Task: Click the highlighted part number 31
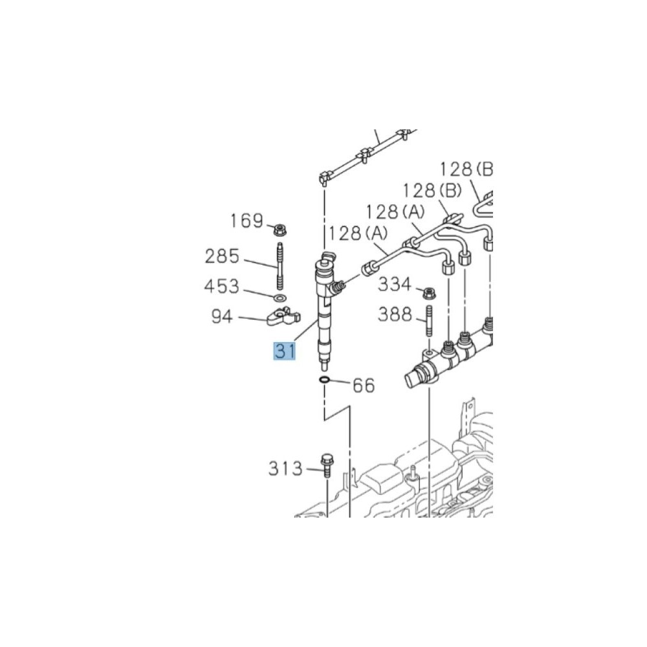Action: coord(285,351)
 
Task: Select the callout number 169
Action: coord(247,221)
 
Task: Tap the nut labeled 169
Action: coord(281,230)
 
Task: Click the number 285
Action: coord(222,256)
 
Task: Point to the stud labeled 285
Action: coord(280,267)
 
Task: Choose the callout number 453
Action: coord(221,286)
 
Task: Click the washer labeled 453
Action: coord(280,298)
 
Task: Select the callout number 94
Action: coord(222,316)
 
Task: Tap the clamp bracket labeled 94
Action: coord(283,317)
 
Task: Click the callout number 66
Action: coord(364,386)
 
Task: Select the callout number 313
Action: coord(285,468)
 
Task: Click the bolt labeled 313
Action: coord(326,466)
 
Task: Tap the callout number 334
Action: coord(395,284)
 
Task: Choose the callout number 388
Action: coord(395,314)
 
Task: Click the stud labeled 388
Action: coord(430,322)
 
